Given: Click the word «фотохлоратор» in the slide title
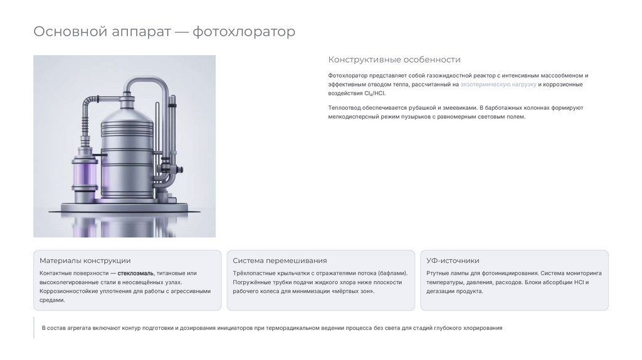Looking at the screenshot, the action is [244, 31].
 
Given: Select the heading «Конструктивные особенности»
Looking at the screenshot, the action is [394, 60].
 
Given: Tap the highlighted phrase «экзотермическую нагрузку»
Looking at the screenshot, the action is [498, 85].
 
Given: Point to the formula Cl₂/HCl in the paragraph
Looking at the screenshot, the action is [374, 93].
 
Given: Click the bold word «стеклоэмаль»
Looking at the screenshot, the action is [135, 273].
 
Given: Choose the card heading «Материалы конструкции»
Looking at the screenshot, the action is [85, 260].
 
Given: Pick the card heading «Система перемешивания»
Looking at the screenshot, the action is [280, 260].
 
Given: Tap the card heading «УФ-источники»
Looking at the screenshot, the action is [453, 260].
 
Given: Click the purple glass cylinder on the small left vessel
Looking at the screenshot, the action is [85, 174].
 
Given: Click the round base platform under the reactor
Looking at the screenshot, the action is [125, 208].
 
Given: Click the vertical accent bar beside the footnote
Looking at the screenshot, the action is [34, 327].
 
